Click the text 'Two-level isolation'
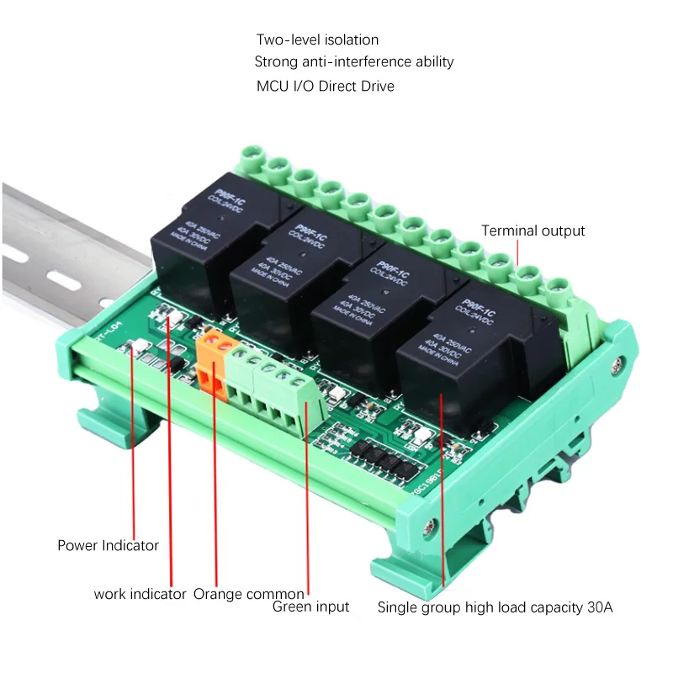[317, 40]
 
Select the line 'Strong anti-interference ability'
[353, 61]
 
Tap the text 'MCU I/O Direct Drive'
[325, 86]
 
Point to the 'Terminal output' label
[533, 231]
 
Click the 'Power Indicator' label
[108, 545]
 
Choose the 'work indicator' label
[140, 594]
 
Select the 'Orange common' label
[249, 594]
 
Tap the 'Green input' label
[310, 607]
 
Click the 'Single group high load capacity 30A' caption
[495, 607]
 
